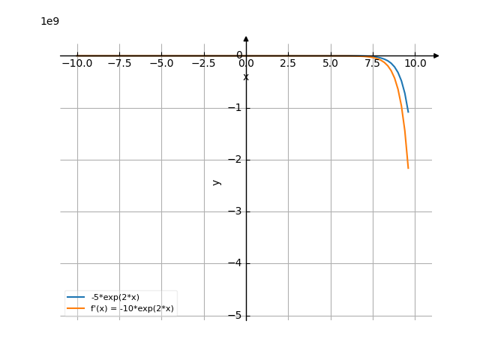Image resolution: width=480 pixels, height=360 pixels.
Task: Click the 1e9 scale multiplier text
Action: click(49, 21)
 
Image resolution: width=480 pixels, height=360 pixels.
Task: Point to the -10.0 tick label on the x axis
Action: click(76, 64)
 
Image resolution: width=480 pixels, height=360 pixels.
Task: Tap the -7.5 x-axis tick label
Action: click(119, 64)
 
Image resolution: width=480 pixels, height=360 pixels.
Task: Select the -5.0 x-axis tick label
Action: click(161, 64)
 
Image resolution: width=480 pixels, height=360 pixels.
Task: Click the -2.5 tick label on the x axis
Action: click(204, 64)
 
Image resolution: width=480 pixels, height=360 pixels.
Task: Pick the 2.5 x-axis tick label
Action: click(288, 64)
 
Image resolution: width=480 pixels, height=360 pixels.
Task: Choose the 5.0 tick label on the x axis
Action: click(330, 64)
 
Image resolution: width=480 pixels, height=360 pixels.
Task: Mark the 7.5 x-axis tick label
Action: click(373, 64)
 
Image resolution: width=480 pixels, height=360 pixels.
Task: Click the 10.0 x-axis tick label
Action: click(415, 64)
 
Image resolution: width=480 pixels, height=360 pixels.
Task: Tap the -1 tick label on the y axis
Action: click(238, 108)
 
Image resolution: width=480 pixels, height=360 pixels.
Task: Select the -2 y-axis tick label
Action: click(238, 160)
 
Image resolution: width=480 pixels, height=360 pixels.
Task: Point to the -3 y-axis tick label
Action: click(238, 211)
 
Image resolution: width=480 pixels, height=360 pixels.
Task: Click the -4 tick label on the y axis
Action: click(238, 263)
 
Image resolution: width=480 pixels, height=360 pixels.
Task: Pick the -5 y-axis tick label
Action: click(238, 316)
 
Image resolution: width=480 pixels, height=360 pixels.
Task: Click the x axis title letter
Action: click(246, 76)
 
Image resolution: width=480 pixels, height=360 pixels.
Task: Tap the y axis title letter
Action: click(217, 181)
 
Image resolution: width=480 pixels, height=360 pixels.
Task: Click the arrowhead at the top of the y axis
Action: click(246, 38)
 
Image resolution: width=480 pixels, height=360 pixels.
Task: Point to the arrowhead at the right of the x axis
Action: click(436, 55)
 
